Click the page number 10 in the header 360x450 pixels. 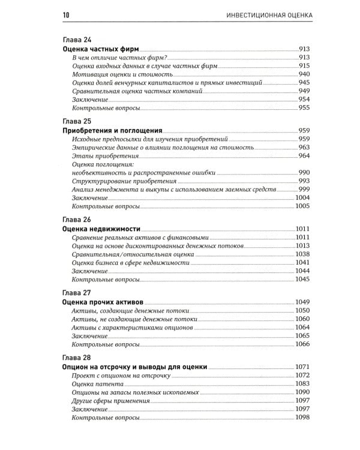(65, 14)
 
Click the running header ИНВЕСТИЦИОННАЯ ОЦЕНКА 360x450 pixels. (266, 14)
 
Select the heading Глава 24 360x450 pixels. (77, 39)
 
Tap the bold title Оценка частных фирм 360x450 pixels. (100, 49)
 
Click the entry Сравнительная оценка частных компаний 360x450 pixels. (137, 91)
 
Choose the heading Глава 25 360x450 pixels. (77, 120)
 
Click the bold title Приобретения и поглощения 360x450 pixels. (113, 130)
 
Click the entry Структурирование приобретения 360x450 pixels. (124, 181)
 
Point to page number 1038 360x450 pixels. (302, 254)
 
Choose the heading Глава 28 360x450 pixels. (77, 356)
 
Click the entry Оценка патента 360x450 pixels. (95, 383)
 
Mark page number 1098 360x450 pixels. (302, 417)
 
